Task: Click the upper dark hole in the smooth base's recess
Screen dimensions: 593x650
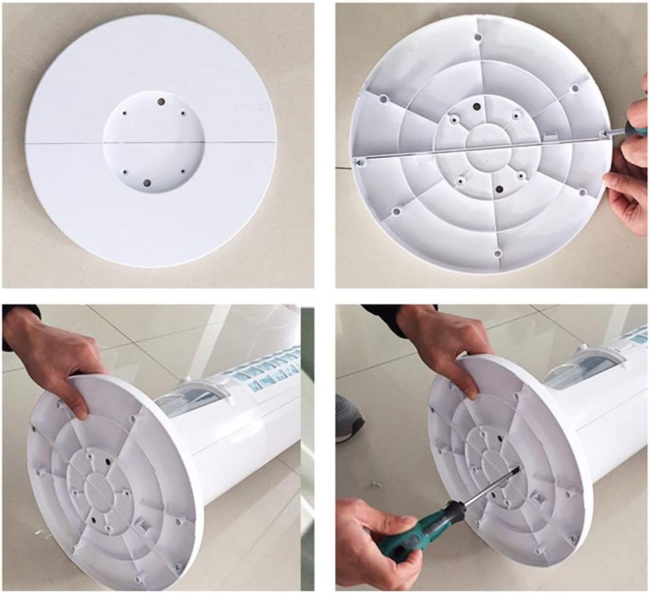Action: click(x=161, y=102)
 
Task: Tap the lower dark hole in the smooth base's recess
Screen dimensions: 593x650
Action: click(x=147, y=182)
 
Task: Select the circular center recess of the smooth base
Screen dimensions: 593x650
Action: click(x=153, y=142)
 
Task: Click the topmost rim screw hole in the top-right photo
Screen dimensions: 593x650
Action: click(x=477, y=38)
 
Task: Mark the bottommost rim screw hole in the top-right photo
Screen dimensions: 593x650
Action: click(x=498, y=253)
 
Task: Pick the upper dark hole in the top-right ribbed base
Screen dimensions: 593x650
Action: click(x=475, y=106)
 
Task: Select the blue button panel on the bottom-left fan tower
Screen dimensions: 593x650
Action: click(x=269, y=371)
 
